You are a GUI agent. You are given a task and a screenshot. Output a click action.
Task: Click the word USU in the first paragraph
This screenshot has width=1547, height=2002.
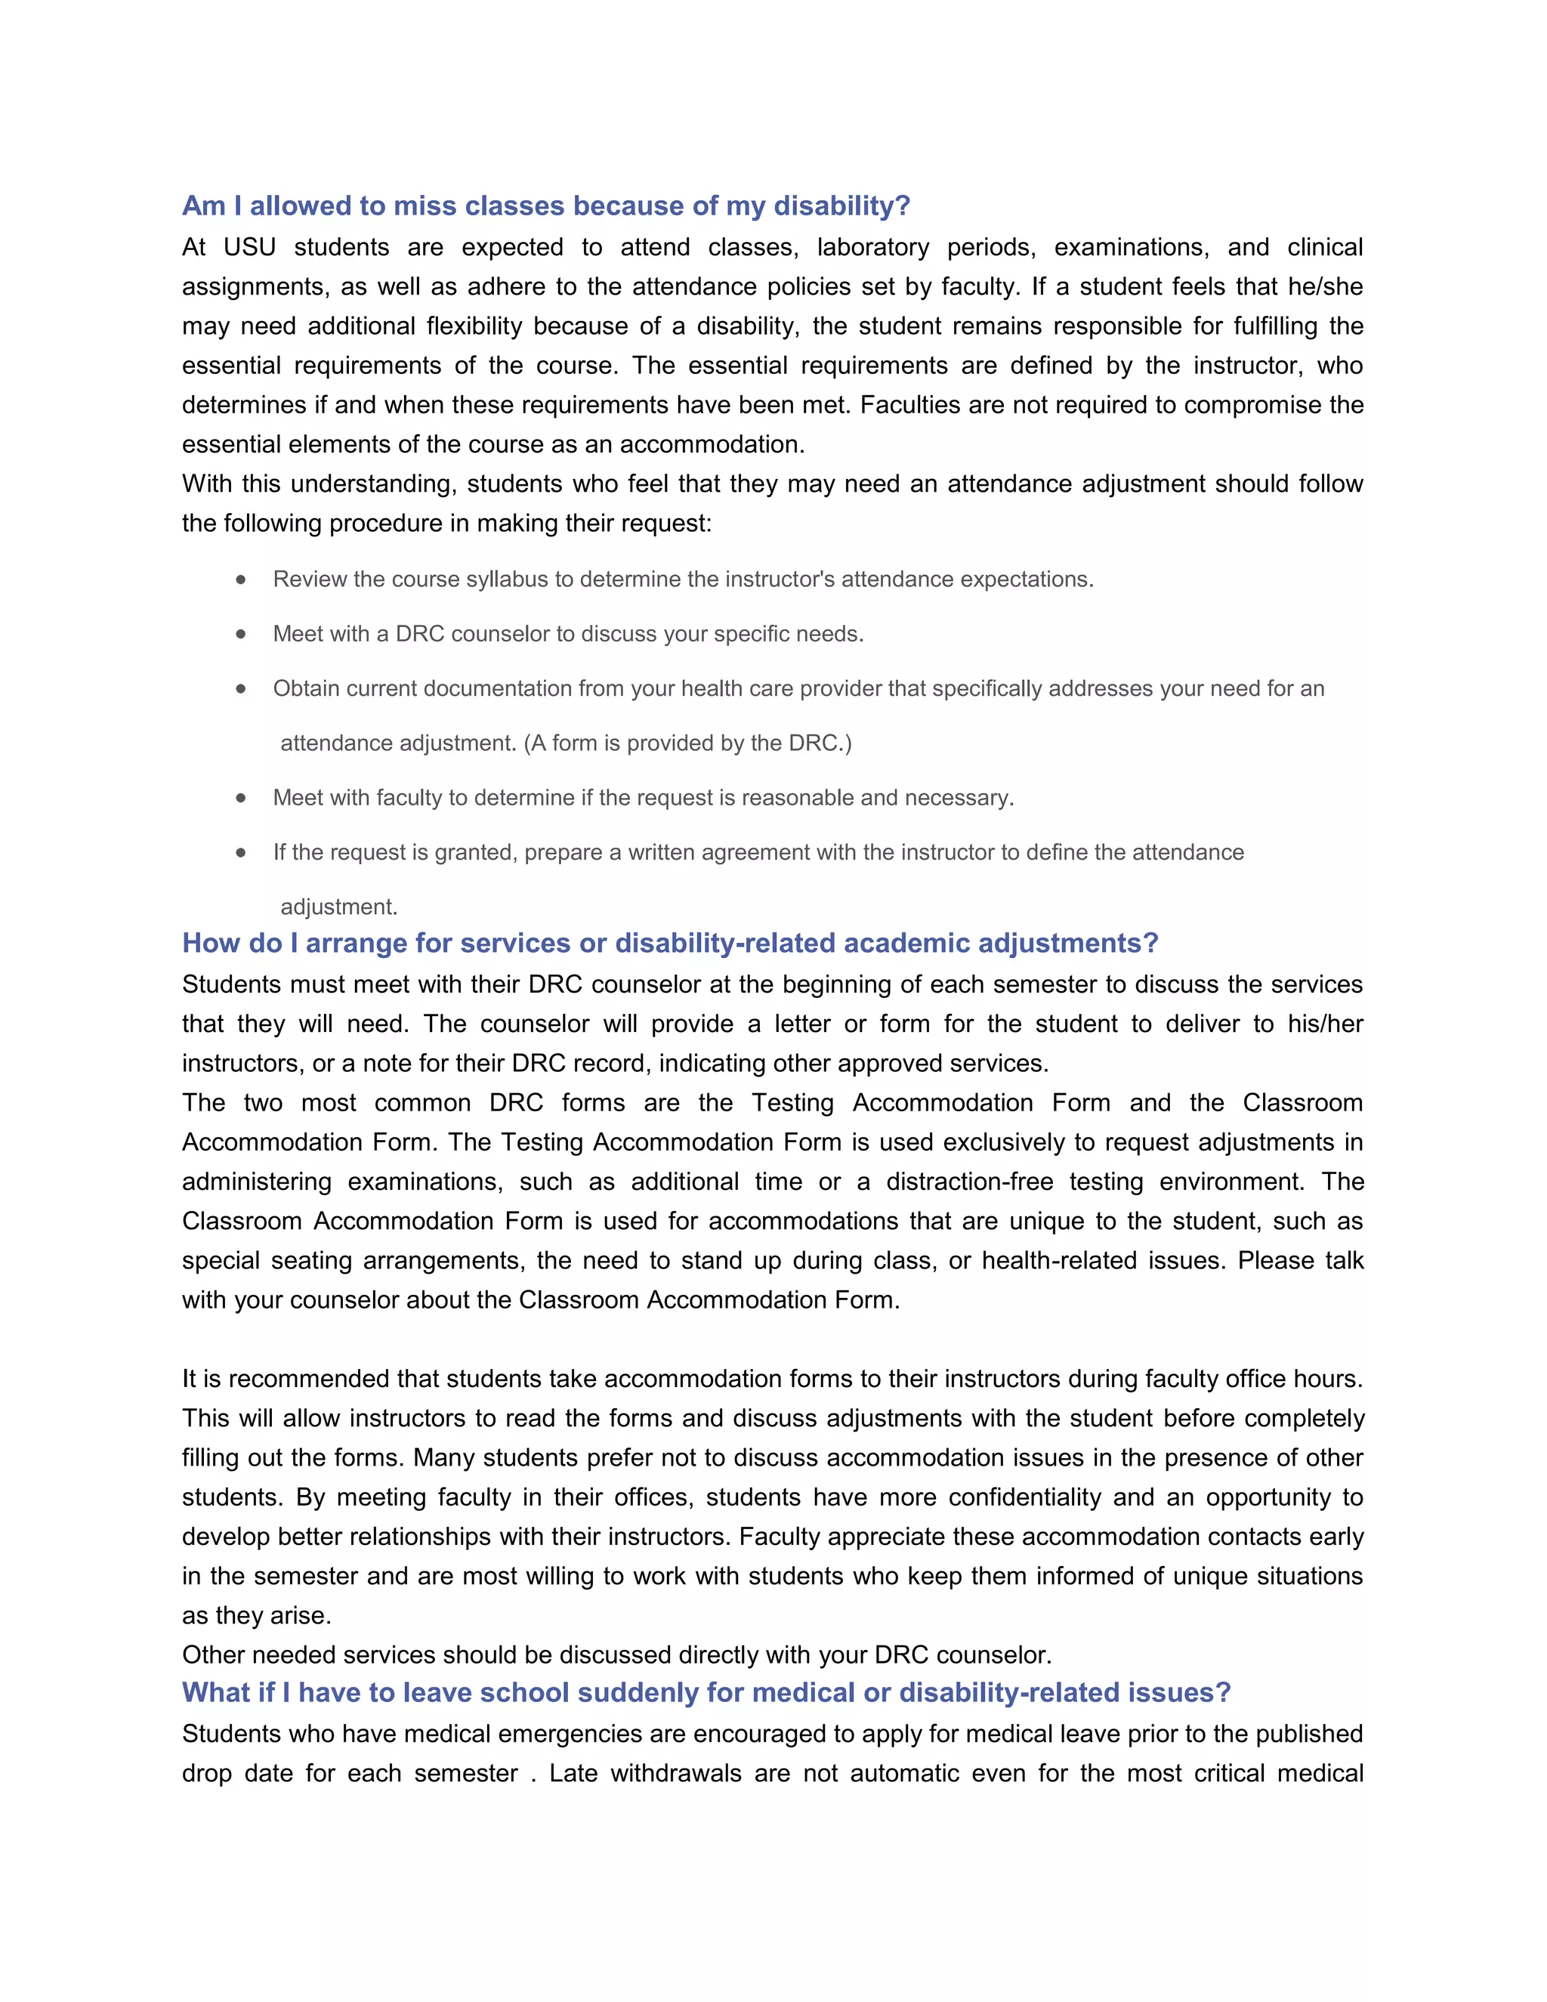point(249,248)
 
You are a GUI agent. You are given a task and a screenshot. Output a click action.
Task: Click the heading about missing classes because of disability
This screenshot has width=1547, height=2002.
point(546,205)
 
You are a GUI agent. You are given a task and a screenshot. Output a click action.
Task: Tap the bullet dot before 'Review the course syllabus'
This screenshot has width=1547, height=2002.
point(241,579)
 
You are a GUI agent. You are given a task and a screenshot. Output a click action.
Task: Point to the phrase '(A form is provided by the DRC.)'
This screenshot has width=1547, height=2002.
point(687,743)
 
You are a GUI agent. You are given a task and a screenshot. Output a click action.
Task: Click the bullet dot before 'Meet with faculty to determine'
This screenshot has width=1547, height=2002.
point(241,798)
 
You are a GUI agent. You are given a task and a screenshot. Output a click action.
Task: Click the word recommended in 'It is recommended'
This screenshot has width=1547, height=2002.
point(310,1379)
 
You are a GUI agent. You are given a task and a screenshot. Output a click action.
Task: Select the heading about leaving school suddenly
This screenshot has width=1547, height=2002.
point(706,1692)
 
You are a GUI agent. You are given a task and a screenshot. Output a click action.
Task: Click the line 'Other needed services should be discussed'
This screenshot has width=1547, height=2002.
point(617,1654)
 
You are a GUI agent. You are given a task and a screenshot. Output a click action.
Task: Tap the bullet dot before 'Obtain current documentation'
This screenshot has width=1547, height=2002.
point(241,688)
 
